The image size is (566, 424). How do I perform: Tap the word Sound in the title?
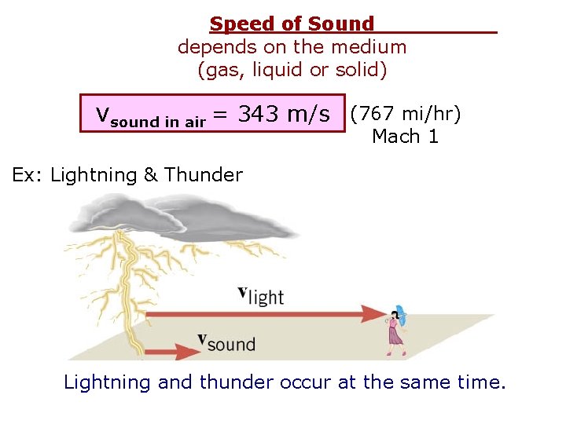[341, 25]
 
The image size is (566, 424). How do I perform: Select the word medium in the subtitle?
[369, 47]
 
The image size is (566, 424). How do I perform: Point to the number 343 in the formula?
[259, 115]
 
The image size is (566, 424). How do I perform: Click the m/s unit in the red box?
[309, 115]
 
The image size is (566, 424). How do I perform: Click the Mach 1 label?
[406, 137]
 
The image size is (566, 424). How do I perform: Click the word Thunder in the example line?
[203, 174]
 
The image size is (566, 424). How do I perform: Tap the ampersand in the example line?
[151, 174]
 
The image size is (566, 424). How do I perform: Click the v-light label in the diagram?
[260, 295]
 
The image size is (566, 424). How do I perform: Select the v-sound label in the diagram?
[226, 342]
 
